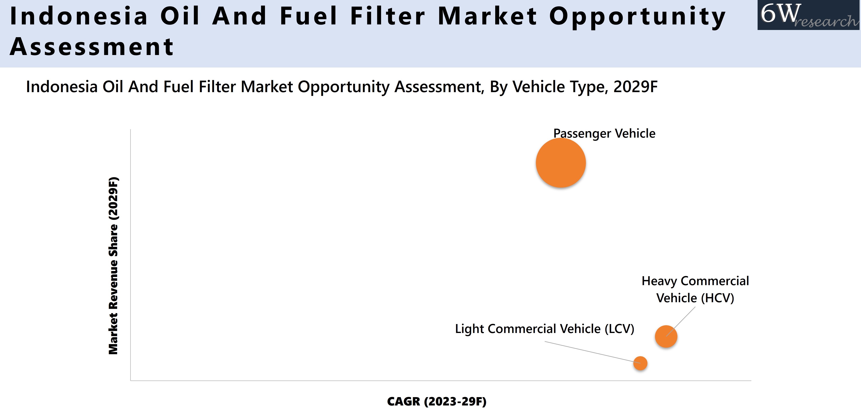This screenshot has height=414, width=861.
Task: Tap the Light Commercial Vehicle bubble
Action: (640, 363)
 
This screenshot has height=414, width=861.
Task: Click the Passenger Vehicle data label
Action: (604, 133)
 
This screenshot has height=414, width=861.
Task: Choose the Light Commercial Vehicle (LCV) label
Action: (544, 329)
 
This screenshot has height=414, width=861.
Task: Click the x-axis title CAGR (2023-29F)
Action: (436, 401)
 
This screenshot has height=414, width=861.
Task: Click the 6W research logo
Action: (809, 15)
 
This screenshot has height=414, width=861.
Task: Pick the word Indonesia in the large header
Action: (79, 16)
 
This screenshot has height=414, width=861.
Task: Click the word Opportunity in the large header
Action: (637, 16)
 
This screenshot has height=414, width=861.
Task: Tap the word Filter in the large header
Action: (388, 16)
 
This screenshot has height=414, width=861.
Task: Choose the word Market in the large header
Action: (487, 16)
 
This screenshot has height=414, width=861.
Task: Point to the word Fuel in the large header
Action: (308, 16)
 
